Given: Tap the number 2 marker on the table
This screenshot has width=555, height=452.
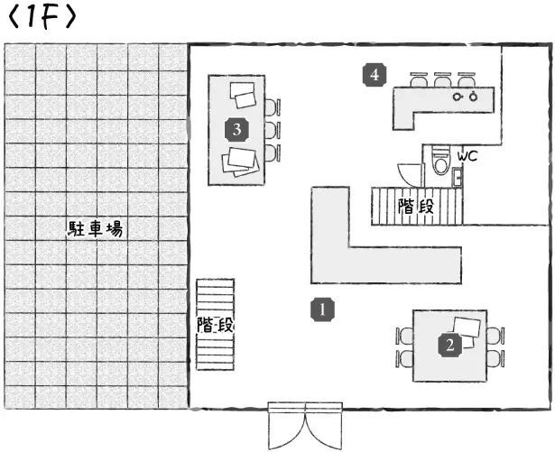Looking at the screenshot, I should pos(449,344).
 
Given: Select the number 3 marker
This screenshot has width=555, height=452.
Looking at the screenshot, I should pos(236,129).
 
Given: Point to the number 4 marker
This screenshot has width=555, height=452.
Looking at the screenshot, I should pos(375,75).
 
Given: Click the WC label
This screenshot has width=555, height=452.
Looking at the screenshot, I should pos(467,156).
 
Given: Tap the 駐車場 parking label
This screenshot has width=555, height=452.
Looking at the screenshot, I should pos(95,229).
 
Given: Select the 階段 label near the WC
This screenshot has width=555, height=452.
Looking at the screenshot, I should pos(416,206).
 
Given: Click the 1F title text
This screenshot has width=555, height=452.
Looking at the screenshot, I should pos(42,18).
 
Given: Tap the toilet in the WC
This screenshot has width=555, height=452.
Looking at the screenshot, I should pos(439,163).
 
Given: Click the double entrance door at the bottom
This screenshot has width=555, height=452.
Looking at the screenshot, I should pos(306,426).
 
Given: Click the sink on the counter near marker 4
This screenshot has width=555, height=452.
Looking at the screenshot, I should pos(464,95).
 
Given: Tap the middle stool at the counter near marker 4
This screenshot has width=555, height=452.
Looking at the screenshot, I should pos(442,79).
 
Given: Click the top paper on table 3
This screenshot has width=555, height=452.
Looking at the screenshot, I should pos(244,94).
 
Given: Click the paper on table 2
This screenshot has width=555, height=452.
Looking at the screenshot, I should pos(467,327).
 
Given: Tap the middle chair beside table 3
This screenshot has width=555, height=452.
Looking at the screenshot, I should pos(272,129).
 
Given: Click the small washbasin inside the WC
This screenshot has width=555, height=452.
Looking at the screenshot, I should pos(458,175).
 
